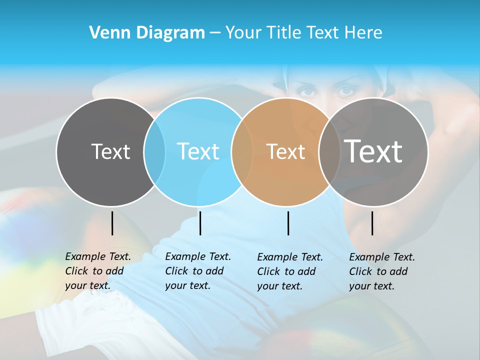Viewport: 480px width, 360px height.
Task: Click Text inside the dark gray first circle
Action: [x=110, y=151]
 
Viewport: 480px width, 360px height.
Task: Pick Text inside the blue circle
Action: [x=198, y=151]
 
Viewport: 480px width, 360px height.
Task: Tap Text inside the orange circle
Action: [x=285, y=151]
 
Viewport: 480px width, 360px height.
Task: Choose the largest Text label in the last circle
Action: [x=373, y=151]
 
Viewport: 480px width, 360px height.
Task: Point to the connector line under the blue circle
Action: [x=200, y=223]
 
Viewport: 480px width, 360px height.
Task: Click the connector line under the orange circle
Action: [x=288, y=223]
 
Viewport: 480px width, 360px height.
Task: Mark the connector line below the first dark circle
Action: [x=112, y=223]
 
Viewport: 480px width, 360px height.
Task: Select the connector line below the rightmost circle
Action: [x=372, y=223]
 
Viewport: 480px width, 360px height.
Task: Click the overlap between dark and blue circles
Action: [x=154, y=152]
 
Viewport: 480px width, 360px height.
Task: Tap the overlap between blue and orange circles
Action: [x=242, y=152]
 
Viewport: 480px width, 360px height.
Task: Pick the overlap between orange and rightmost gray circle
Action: [x=329, y=152]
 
